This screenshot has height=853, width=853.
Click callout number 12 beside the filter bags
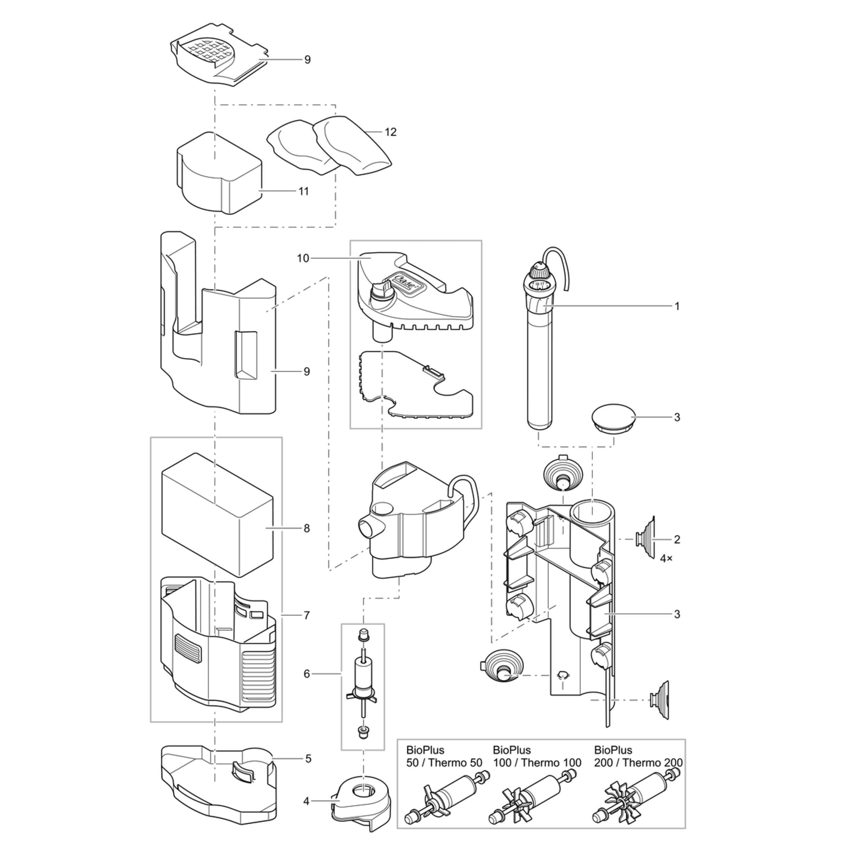[x=390, y=132]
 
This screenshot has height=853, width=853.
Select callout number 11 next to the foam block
[x=303, y=191]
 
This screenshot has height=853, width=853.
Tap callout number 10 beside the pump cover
[x=303, y=258]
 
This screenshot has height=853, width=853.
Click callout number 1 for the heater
[x=677, y=306]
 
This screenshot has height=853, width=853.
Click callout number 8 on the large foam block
[x=306, y=528]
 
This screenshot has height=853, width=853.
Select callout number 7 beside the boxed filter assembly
[x=306, y=615]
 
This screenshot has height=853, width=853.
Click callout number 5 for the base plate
[x=308, y=759]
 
